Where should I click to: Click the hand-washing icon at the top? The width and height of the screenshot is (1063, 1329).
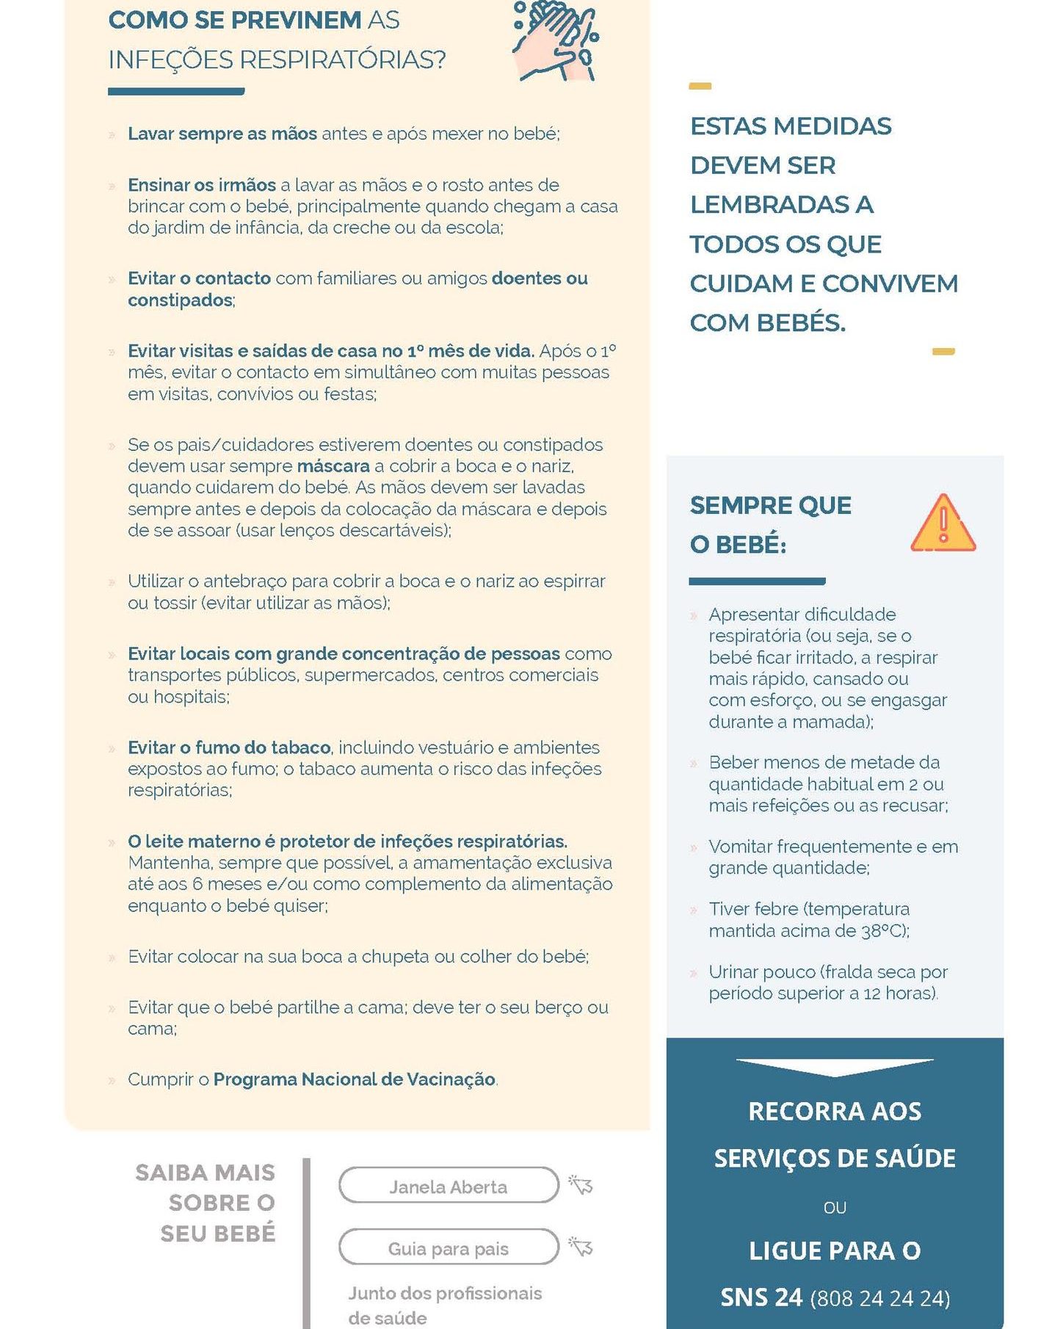555,42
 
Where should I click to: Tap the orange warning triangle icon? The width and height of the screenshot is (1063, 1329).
943,524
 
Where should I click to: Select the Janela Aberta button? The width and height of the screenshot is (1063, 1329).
449,1187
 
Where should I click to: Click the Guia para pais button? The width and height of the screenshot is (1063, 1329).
449,1248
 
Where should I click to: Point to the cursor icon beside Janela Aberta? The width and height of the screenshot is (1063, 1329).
581,1185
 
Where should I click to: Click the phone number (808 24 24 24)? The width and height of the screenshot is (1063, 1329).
879,1298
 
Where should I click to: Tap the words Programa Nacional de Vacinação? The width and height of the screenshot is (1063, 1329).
355,1079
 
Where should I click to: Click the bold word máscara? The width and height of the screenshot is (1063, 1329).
333,466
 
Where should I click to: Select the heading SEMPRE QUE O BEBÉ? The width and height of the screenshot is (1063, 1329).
770,525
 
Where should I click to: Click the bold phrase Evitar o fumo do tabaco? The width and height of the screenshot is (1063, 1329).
229,747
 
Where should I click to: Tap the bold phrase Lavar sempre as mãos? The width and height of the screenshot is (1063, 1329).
222,134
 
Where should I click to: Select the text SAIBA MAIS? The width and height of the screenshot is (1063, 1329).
205,1173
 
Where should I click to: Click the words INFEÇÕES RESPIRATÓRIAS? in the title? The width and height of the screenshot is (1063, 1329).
277,59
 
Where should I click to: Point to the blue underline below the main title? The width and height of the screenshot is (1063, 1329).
176,92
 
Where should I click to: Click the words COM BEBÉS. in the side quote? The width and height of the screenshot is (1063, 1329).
768,322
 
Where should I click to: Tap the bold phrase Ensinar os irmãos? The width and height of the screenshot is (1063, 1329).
202,185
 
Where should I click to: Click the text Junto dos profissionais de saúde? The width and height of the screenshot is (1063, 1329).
445,1305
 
